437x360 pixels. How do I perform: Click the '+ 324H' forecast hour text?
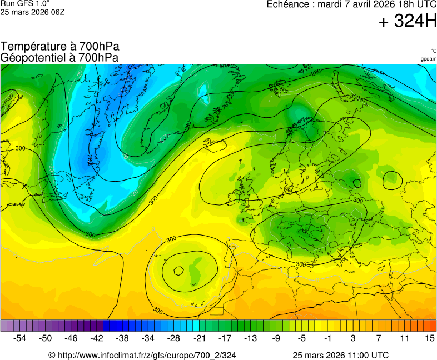click(x=408, y=22)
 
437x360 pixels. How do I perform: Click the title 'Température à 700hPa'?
click(x=60, y=47)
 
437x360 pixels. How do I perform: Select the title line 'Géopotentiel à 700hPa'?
click(x=60, y=57)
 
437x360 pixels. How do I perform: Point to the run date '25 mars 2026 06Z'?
click(x=32, y=12)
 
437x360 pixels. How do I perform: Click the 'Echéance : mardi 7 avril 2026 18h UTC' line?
click(x=351, y=4)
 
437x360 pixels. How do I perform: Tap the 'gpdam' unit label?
click(x=428, y=59)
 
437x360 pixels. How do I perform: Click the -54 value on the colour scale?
click(x=20, y=338)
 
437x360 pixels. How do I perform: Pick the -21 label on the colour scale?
click(x=199, y=338)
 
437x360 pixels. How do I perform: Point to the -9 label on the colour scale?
click(x=276, y=338)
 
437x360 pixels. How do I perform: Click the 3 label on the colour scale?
click(x=353, y=338)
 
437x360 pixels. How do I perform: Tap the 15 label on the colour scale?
click(x=430, y=338)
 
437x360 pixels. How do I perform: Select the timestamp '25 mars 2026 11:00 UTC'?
click(x=341, y=355)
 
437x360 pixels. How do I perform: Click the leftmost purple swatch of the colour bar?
click(x=4, y=326)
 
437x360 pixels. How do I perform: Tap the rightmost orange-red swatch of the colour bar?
click(x=433, y=326)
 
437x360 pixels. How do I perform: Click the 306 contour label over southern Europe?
click(x=301, y=264)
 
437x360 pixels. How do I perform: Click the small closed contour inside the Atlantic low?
click(x=178, y=271)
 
